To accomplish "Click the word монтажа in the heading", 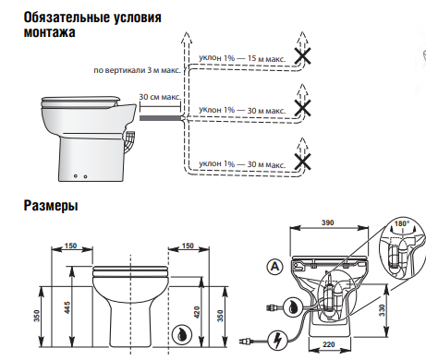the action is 50,32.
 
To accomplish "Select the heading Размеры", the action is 51,205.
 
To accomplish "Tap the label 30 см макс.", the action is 160,97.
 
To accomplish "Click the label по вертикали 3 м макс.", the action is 138,70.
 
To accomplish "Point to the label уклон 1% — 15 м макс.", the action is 242,58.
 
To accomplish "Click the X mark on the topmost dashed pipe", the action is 302,56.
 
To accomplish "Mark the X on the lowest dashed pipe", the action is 302,162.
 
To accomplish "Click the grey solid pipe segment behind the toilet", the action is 160,118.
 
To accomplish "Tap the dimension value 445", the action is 67,307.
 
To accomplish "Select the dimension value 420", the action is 198,313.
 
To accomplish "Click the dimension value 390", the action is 328,222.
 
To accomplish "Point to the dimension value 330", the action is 383,311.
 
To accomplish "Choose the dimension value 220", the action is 329,344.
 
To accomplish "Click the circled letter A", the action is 274,267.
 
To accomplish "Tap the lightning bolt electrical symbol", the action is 278,341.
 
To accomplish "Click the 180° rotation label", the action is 402,224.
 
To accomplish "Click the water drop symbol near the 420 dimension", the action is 182,335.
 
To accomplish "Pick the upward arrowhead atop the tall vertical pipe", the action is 186,37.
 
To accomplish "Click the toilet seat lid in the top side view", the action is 81,100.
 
